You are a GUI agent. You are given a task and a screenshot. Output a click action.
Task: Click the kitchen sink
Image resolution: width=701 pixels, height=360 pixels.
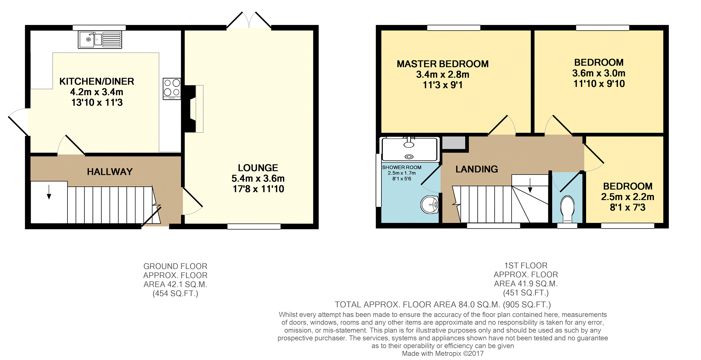click(100, 40)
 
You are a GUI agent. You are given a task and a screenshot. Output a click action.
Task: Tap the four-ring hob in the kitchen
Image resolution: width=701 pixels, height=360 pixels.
click(172, 89)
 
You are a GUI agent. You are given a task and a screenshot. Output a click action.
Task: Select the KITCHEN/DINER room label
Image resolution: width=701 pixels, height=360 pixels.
click(97, 81)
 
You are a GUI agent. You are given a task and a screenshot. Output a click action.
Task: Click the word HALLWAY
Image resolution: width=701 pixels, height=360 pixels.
click(110, 172)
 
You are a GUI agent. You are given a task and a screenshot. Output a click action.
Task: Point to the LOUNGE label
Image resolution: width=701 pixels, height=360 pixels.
click(258, 168)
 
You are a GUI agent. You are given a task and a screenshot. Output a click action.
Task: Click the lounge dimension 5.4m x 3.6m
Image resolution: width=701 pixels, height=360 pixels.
click(258, 179)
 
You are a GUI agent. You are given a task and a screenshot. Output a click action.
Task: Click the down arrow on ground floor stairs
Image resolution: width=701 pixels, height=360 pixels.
click(49, 192)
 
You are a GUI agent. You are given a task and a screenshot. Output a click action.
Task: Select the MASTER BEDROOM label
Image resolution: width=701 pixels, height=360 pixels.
click(443, 64)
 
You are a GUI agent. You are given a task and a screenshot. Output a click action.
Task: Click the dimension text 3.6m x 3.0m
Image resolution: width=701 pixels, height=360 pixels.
click(599, 73)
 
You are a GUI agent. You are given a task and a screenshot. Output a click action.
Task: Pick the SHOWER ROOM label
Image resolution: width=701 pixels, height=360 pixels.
click(402, 168)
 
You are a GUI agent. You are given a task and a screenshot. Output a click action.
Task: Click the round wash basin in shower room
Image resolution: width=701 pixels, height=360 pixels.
click(430, 205)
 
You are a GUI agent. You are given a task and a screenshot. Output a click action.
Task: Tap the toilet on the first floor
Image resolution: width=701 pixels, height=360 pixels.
click(567, 209)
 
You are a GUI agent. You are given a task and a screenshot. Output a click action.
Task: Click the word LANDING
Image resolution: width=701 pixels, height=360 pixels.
click(477, 169)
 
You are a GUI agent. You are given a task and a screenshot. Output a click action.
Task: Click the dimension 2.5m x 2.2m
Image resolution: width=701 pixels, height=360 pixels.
click(628, 197)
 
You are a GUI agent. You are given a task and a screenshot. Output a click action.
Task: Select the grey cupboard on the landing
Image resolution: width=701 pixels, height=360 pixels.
click(454, 143)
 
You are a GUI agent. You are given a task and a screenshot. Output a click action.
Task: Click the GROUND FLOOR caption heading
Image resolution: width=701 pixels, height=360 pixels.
click(176, 266)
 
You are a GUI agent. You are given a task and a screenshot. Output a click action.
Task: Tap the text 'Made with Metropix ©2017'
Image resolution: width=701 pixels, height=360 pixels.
click(443, 353)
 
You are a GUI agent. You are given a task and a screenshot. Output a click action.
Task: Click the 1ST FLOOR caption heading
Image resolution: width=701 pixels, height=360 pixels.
click(526, 265)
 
